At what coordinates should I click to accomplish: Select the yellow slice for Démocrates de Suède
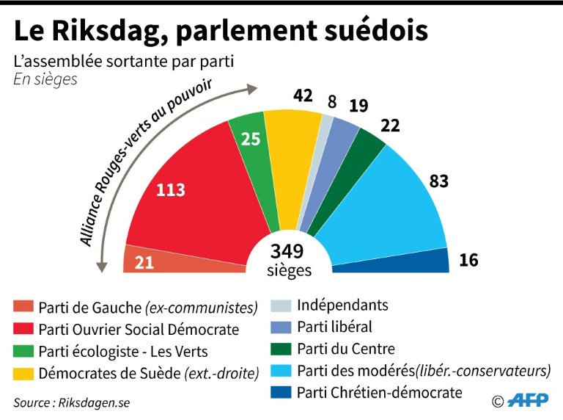click(x=290, y=162)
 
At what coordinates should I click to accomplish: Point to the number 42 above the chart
click(x=302, y=95)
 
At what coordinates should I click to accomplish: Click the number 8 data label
click(x=332, y=102)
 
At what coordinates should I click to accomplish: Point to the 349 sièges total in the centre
click(x=287, y=259)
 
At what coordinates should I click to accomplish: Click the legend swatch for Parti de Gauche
click(x=23, y=307)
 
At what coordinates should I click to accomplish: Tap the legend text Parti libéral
click(x=334, y=327)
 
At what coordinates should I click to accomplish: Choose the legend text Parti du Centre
click(x=345, y=349)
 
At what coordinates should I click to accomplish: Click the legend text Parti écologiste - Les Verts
click(x=122, y=351)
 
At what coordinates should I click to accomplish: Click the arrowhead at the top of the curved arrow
click(x=253, y=90)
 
